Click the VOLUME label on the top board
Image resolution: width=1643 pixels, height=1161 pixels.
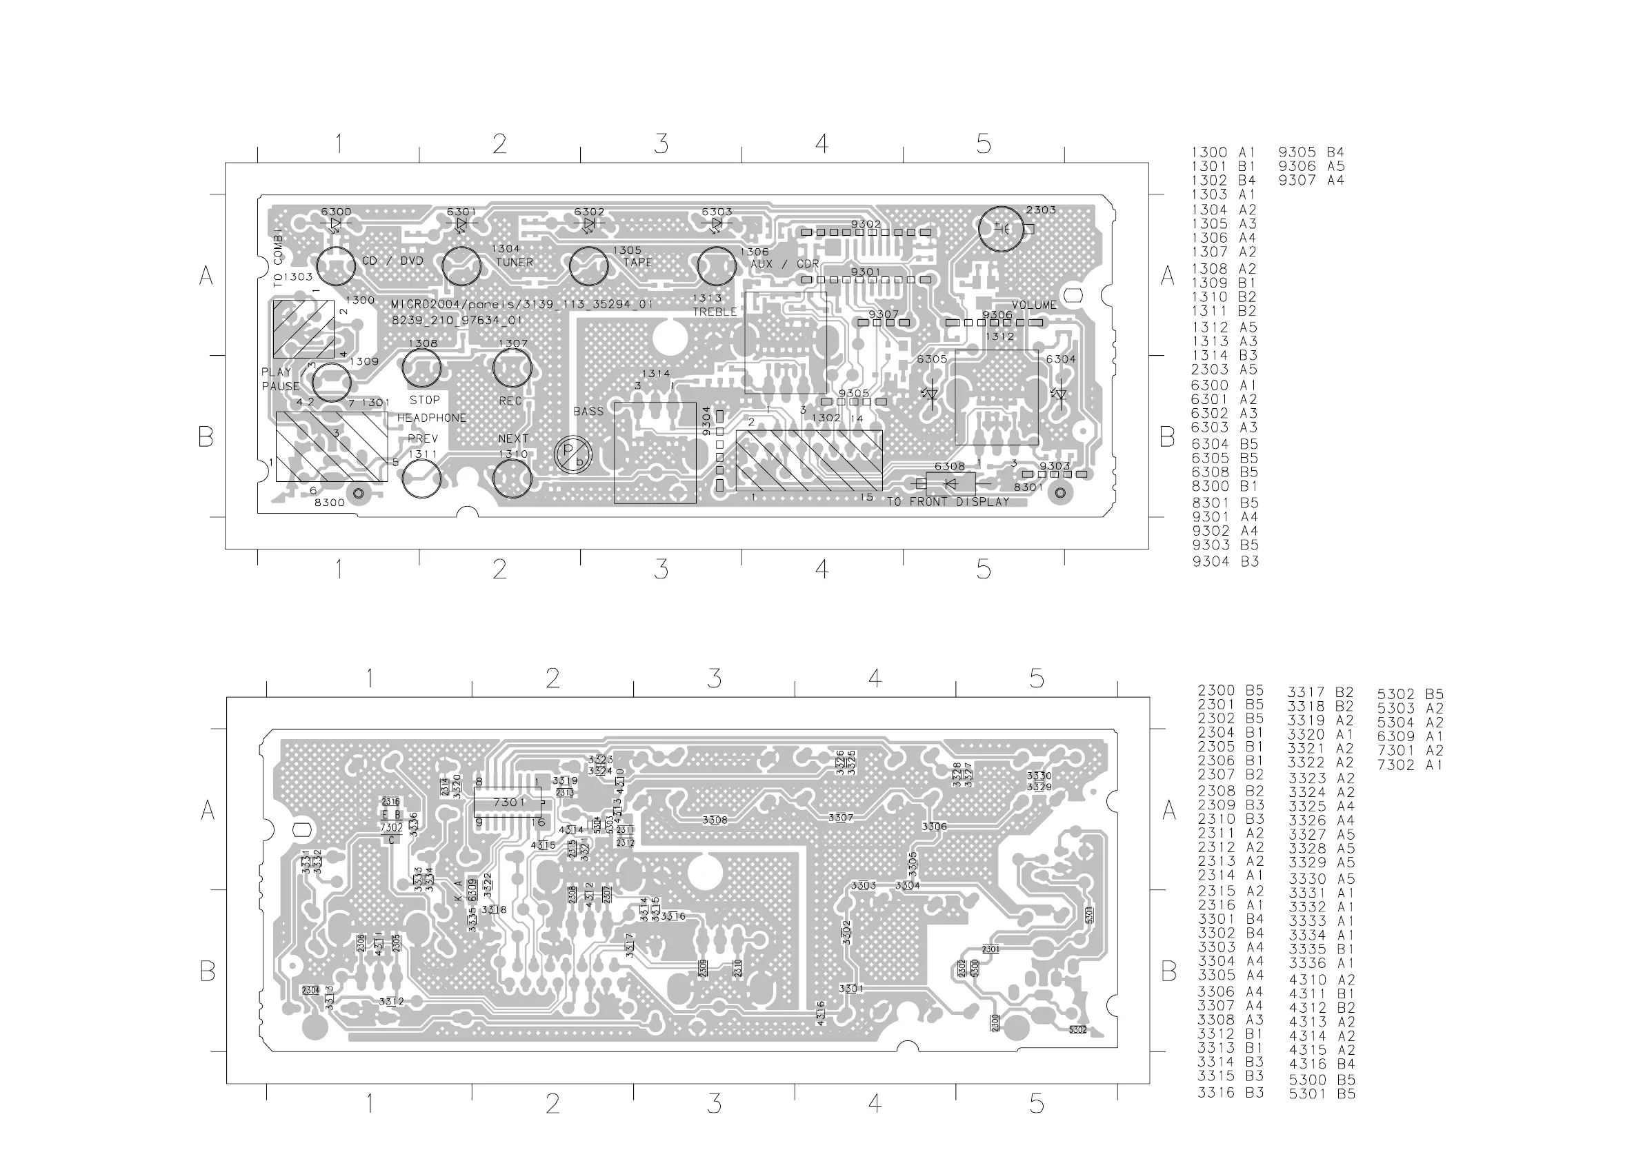[x=1034, y=305]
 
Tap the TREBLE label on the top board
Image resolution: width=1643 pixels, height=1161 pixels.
[x=714, y=312]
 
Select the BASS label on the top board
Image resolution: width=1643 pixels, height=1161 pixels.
[x=588, y=412]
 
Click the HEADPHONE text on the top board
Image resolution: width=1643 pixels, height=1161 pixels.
[x=432, y=418]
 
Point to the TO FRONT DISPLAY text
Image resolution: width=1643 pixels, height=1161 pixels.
[x=948, y=502]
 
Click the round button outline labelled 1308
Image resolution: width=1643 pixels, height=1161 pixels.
[x=422, y=367]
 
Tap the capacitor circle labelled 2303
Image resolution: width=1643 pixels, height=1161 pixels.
[x=1001, y=229]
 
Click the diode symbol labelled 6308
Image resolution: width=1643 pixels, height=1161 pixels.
[x=950, y=484]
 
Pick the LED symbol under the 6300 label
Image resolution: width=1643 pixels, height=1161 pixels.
[x=336, y=224]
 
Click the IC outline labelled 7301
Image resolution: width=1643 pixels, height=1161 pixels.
[x=509, y=802]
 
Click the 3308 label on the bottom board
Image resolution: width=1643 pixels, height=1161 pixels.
[x=715, y=820]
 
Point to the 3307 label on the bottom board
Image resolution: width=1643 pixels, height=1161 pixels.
[x=841, y=818]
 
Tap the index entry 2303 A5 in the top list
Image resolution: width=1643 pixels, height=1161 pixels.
[x=1224, y=370]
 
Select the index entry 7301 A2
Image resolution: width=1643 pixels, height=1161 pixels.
[x=1411, y=750]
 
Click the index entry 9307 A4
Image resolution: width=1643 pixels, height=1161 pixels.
[x=1311, y=180]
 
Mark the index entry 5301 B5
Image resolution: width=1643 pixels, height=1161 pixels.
[x=1322, y=1093]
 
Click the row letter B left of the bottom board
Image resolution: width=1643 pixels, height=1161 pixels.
[x=208, y=971]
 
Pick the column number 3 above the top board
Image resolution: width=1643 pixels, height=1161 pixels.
[x=661, y=145]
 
